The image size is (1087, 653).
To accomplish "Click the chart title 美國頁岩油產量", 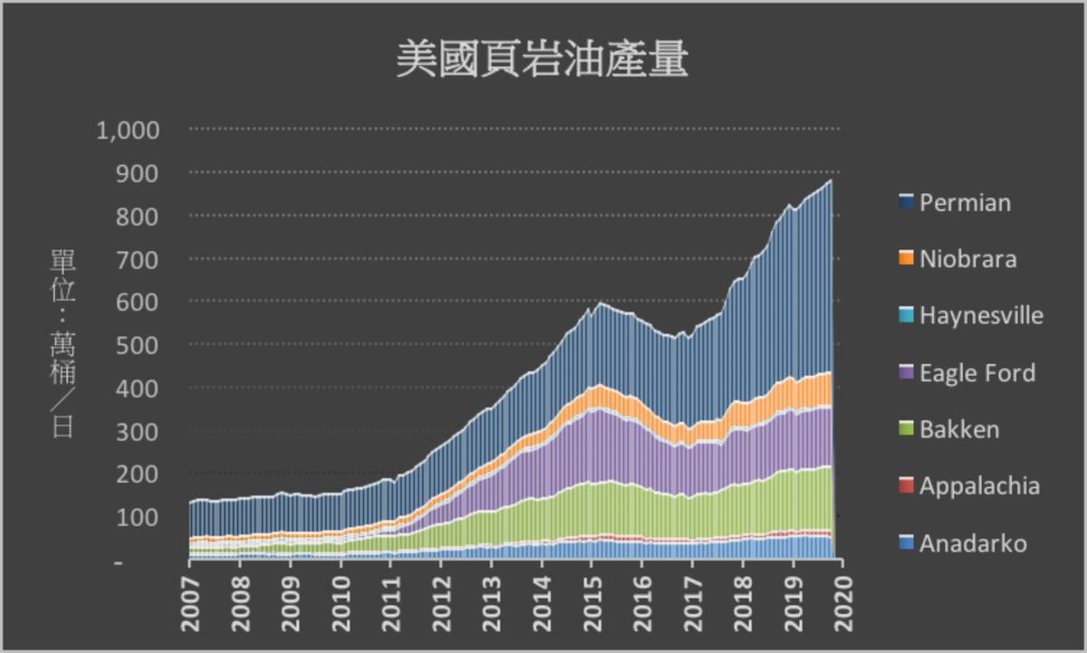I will point(543,61).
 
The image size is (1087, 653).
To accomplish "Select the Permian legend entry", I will point(964,202).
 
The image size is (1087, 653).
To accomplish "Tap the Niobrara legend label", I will point(967,259).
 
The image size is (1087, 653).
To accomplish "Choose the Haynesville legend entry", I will point(981,316).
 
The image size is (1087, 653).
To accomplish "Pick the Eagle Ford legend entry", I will point(976,373).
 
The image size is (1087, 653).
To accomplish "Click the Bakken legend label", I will point(958,429).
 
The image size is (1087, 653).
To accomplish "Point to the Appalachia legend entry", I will point(979,486).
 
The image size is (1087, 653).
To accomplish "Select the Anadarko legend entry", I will point(973,543).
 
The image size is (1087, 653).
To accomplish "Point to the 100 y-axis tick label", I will point(148,517).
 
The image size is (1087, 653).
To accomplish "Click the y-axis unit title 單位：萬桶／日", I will point(63,344).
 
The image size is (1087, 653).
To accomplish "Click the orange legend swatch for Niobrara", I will point(905,259).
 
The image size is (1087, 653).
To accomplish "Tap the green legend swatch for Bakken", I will point(905,429).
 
